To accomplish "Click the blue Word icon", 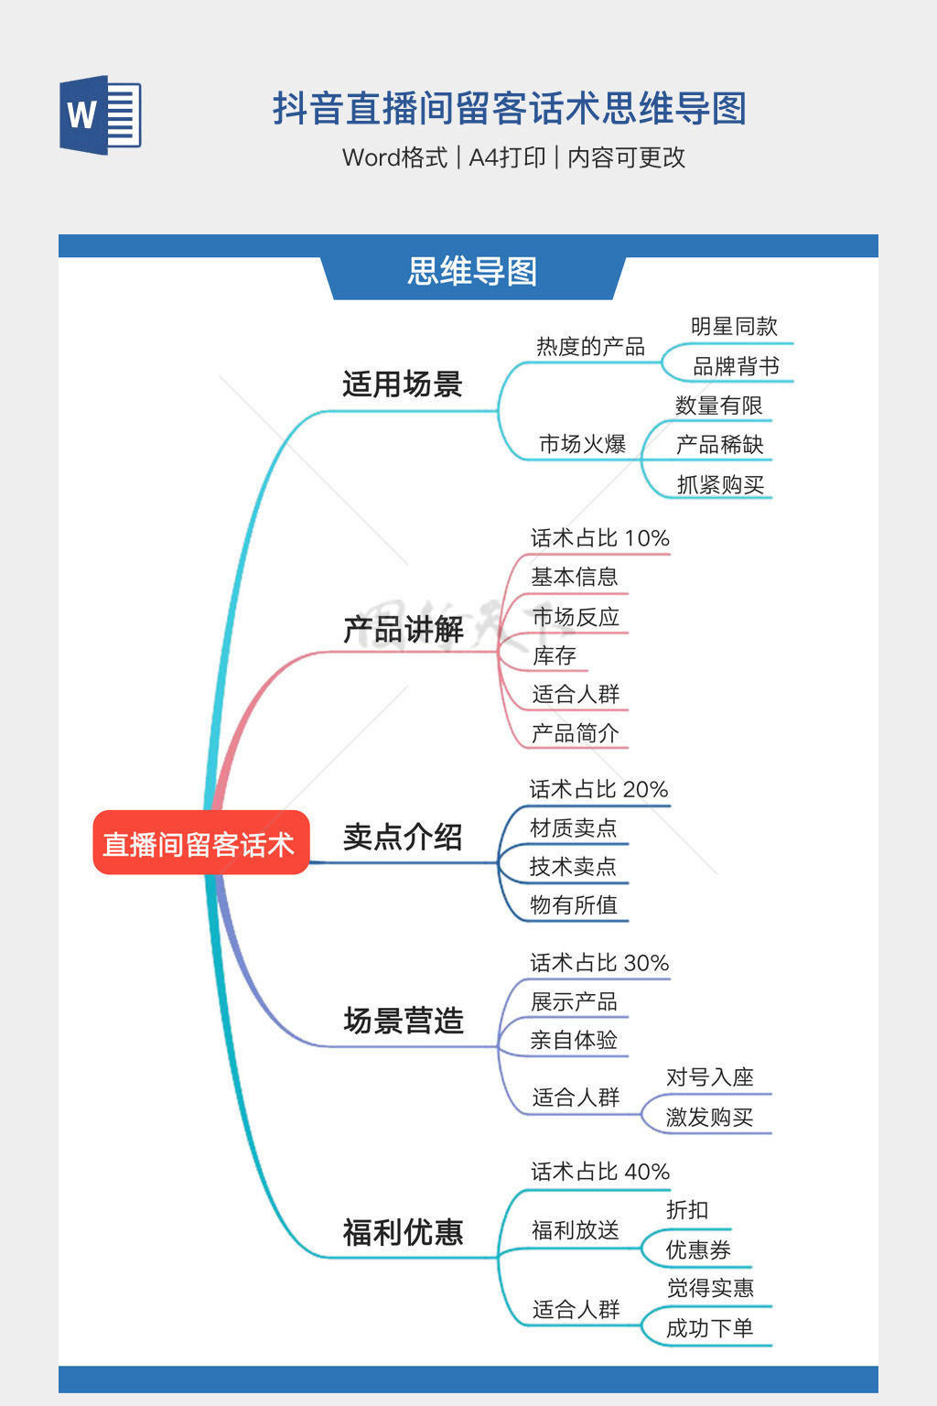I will click(100, 115).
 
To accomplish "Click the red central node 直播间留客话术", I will click(199, 843).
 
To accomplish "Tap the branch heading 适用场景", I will click(403, 384).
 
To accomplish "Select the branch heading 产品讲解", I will click(403, 630).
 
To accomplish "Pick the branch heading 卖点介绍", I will click(403, 837).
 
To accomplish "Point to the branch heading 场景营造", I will click(404, 1021).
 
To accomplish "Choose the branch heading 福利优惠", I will click(403, 1232).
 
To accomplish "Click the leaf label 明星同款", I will click(734, 327).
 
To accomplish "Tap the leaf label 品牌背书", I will click(736, 367).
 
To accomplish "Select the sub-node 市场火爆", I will click(583, 445).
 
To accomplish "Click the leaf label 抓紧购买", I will click(720, 485).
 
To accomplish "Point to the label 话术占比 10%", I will click(600, 538).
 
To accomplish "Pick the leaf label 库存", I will click(555, 655).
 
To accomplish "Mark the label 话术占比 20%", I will click(599, 789).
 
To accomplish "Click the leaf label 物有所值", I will click(574, 905).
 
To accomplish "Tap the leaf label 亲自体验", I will click(574, 1041).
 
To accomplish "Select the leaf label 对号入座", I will click(710, 1077).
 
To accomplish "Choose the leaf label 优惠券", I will click(698, 1250).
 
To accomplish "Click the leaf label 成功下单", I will click(710, 1328).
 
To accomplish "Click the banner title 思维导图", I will click(472, 272).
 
